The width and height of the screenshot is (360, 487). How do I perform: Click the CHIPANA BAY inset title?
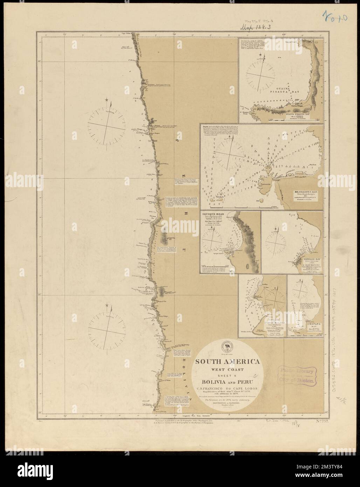(x=304, y=324)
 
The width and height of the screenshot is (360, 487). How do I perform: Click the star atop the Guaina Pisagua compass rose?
(x=265, y=56)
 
